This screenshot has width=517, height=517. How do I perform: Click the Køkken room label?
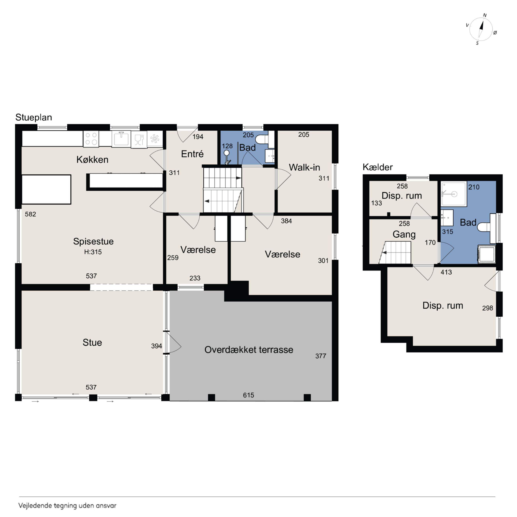(92, 160)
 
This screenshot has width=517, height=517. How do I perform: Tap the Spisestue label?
(93, 242)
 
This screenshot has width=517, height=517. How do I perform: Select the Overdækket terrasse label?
(249, 350)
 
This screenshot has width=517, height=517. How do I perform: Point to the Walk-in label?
(304, 167)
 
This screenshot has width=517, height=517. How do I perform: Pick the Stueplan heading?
(34, 118)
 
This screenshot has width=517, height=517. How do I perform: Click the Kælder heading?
(378, 167)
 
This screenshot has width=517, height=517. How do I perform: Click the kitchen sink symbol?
(121, 139)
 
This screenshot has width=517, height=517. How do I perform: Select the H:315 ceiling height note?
(93, 252)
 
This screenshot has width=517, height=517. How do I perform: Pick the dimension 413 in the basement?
(446, 272)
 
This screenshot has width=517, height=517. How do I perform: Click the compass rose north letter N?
(485, 16)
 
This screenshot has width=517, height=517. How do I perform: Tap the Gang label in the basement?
(404, 235)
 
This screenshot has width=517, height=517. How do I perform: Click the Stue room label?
(92, 343)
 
